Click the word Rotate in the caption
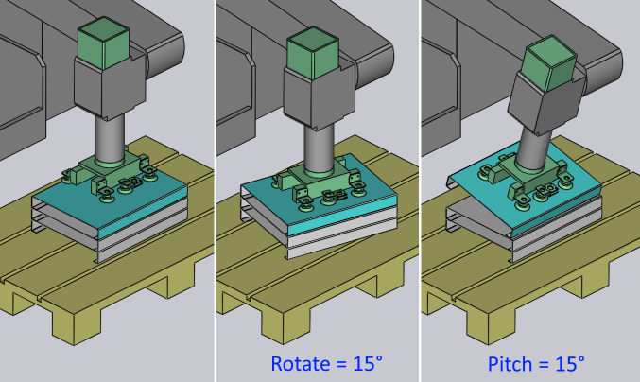301,363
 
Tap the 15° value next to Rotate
368,363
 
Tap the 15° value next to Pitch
570,363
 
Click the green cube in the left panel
104,43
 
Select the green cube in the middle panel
313,52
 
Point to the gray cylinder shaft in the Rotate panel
319,148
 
